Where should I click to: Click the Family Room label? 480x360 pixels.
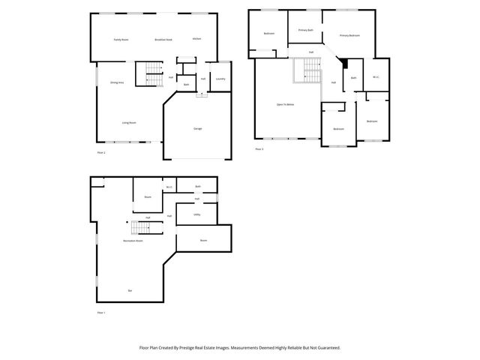121,39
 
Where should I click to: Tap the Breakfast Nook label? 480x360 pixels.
163,39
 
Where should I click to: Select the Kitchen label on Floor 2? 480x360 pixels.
196,39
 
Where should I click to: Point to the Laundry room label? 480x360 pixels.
220,79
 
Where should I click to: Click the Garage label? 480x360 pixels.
198,129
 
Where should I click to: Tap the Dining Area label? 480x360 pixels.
117,82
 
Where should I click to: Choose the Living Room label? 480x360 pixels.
129,122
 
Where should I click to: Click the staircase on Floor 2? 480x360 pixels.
152,73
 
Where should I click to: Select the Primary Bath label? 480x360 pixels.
305,30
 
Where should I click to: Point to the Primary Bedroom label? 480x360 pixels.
349,35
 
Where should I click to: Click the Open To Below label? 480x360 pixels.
285,104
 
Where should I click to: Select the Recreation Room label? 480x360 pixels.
133,241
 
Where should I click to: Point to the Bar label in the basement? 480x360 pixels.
130,290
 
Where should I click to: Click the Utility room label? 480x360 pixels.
196,214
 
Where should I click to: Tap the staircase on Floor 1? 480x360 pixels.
142,228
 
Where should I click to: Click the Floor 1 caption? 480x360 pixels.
101,312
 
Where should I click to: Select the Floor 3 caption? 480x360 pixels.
259,149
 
